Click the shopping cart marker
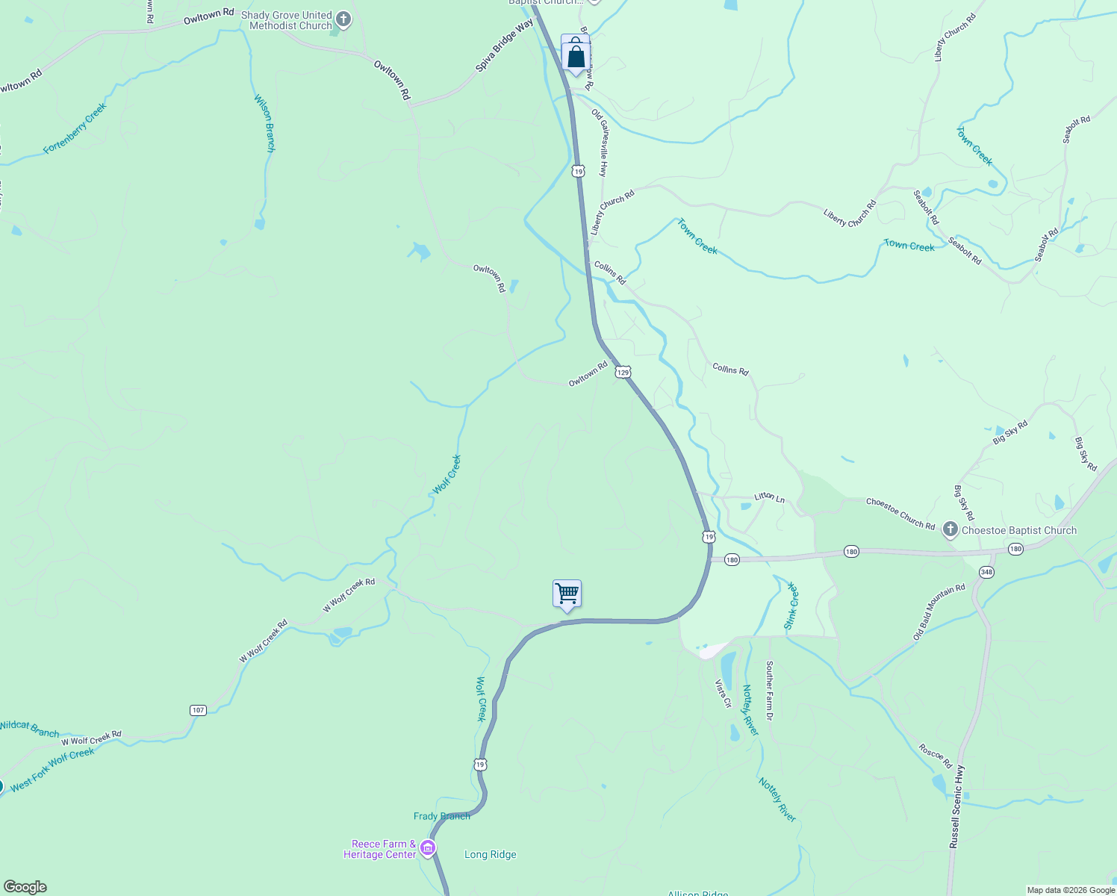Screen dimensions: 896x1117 click(x=567, y=594)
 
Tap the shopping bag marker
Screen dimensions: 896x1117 click(x=576, y=56)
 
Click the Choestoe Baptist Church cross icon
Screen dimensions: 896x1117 click(x=950, y=530)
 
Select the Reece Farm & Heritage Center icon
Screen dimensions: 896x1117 click(x=428, y=848)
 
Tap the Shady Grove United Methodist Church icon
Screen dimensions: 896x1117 click(x=343, y=19)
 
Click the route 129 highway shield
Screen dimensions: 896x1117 click(x=623, y=372)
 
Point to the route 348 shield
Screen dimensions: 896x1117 click(x=986, y=572)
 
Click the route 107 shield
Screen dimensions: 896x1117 click(x=198, y=710)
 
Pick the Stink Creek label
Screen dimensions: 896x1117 click(x=792, y=606)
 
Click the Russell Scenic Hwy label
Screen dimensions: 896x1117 click(x=957, y=806)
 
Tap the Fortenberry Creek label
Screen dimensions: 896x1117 click(x=75, y=128)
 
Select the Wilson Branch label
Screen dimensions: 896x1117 click(x=264, y=123)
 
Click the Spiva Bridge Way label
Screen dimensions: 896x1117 click(x=505, y=46)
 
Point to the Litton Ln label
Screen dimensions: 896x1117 click(x=769, y=497)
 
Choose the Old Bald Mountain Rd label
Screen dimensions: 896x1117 click(x=939, y=612)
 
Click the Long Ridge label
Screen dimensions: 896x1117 click(x=490, y=854)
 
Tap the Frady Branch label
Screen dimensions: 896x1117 click(x=442, y=816)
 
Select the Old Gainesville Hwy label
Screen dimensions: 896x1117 click(x=600, y=143)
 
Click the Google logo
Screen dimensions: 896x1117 click(x=25, y=887)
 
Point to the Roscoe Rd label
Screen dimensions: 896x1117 click(x=935, y=756)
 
